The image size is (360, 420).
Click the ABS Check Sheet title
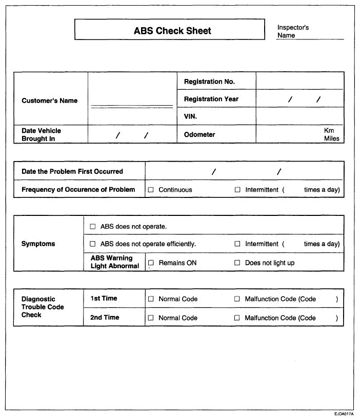tap(172, 30)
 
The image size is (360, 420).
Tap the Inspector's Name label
tap(293, 31)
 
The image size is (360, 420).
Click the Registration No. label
tap(209, 82)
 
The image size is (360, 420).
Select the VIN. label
tap(190, 116)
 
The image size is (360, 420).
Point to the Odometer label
tap(199, 134)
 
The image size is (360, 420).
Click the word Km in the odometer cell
tap(329, 131)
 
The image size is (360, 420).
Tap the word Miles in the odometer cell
tap(331, 138)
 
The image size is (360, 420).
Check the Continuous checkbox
tap(151, 190)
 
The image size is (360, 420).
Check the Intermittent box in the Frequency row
tap(237, 190)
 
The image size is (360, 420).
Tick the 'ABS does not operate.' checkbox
tap(93, 226)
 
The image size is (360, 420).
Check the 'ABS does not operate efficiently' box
tap(93, 244)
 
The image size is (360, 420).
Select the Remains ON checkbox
tap(151, 263)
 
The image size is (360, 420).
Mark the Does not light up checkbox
tap(237, 263)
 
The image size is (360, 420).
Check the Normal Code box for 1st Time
tap(151, 299)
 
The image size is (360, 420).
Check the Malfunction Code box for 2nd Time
tap(237, 318)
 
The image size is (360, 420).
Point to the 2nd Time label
tap(104, 317)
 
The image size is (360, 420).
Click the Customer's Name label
tap(49, 101)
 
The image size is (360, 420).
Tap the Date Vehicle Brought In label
tap(41, 134)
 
